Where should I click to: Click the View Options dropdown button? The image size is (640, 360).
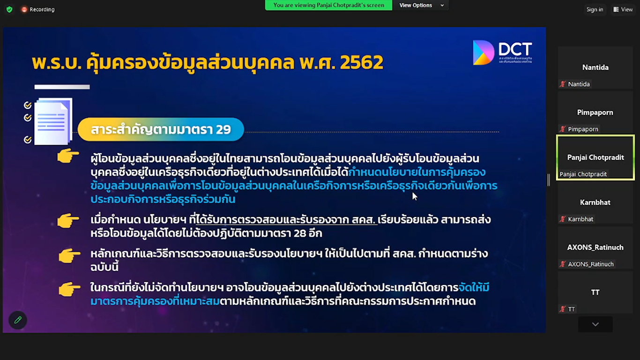(421, 5)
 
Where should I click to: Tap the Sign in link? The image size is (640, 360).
(595, 9)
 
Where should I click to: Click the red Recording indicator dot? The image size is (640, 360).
(24, 9)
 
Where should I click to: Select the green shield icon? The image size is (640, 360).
(9, 9)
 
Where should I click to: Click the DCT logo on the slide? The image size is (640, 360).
(503, 52)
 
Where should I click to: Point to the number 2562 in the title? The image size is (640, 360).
(361, 62)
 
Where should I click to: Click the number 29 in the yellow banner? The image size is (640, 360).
(223, 129)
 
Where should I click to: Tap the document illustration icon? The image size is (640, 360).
(53, 121)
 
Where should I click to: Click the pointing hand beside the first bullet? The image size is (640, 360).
(68, 156)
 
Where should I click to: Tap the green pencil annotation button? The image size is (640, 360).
(18, 320)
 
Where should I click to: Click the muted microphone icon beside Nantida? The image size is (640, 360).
(563, 84)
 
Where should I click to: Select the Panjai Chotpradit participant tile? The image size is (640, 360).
(595, 158)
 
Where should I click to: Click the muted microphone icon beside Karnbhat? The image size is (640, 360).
(563, 219)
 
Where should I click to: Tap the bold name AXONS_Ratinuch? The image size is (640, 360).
(595, 247)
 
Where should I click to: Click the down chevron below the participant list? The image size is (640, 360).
(595, 324)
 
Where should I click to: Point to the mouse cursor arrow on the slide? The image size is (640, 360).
(415, 196)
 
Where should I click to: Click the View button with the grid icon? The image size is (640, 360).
(623, 9)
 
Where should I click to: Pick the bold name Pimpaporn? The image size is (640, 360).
(595, 112)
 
